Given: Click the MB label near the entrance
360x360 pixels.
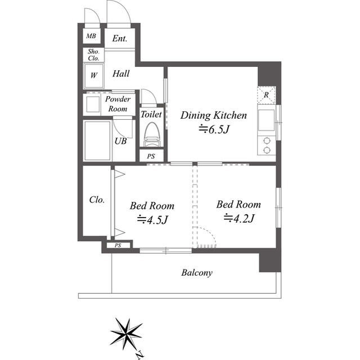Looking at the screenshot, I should point(90,38).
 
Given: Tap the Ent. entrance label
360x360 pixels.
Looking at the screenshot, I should point(119,39).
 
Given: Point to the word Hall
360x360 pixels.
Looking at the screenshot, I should point(120,74).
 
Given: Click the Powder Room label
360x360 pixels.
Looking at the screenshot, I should point(118,103).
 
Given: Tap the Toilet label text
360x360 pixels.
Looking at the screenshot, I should point(151,114).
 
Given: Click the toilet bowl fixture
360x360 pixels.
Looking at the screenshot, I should point(151,135).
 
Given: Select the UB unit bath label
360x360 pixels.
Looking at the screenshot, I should point(120,142).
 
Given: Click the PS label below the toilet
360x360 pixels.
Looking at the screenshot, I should point(151,156).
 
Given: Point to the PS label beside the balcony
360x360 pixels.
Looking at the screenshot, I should point(118,245).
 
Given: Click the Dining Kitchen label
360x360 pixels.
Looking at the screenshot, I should point(213,116).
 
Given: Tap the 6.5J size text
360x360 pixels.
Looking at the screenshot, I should point(215,130).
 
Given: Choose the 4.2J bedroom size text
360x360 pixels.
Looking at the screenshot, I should point(239,218).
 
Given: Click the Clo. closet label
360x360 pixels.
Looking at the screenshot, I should point(97,200).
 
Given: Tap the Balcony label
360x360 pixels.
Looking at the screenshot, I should point(197,273).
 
